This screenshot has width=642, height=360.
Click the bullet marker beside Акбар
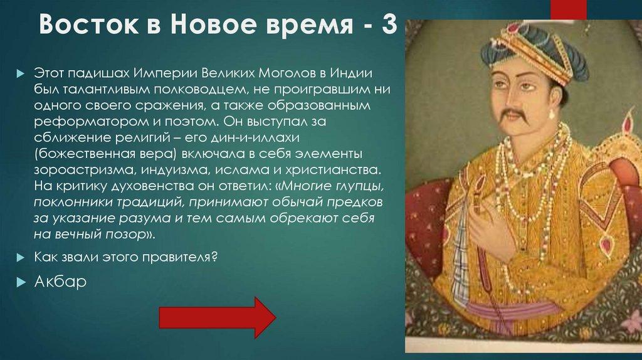coord(21,281)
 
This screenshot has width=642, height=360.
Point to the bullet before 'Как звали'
coord(21,258)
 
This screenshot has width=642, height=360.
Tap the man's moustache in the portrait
coord(512,115)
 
